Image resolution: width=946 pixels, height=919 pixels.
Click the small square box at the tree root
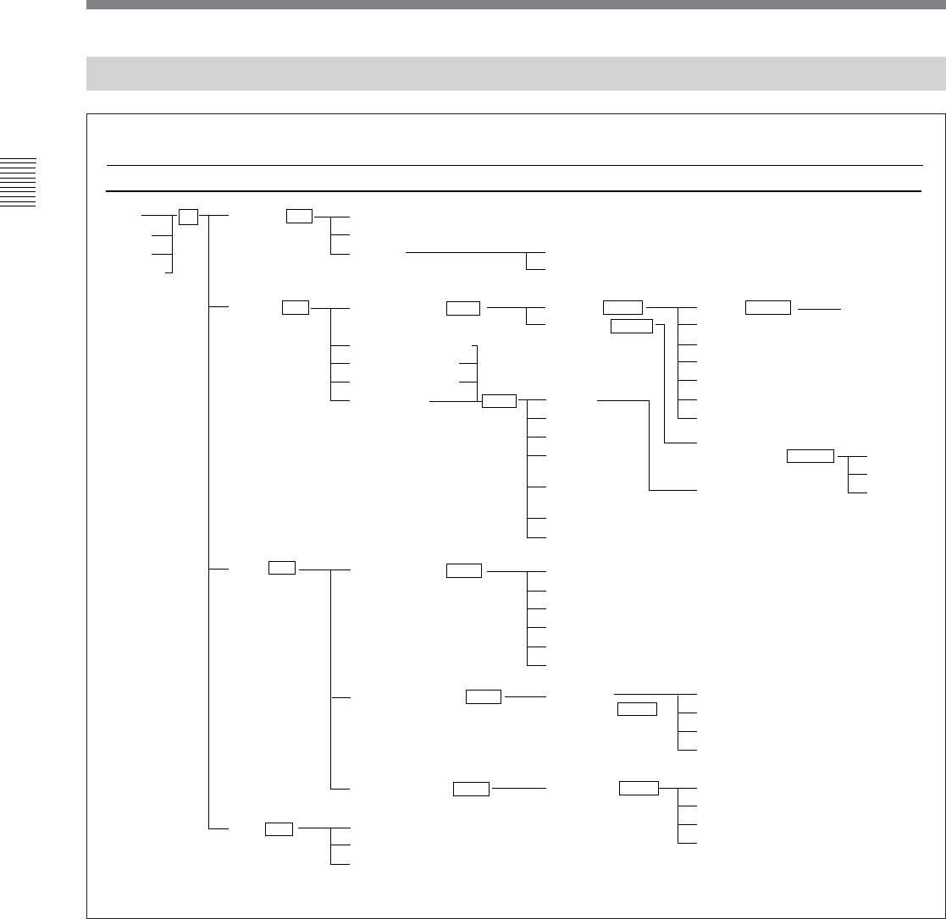pos(188,216)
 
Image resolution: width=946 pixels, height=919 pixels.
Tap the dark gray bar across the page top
pos(516,4)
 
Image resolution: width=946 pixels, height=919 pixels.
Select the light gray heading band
pos(516,74)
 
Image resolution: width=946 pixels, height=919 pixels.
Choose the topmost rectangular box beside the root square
pos(299,216)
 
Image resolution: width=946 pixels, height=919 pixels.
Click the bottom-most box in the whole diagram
pos(279,828)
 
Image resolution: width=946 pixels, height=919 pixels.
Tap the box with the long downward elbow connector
pos(632,327)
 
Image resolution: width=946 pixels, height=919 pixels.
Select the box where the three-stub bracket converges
pos(499,401)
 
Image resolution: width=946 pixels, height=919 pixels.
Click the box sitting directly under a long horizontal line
pos(637,709)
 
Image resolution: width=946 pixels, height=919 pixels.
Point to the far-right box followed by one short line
pos(768,308)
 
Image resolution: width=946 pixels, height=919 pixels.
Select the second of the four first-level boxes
pos(296,307)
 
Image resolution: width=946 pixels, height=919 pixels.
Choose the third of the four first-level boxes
pos(281,568)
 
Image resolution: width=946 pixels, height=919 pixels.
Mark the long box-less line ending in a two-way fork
pos(466,252)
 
